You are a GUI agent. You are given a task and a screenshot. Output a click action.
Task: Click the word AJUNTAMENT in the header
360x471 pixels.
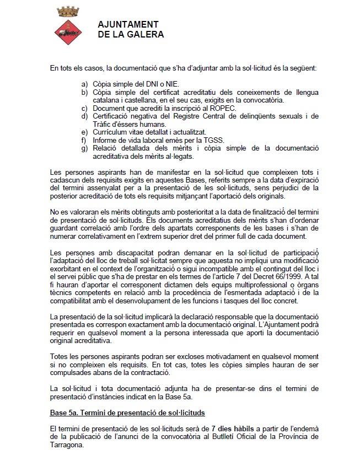click(x=128, y=25)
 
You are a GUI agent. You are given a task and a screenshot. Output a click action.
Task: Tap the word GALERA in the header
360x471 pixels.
click(x=145, y=34)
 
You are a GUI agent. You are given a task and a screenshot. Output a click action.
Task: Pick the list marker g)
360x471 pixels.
click(x=84, y=148)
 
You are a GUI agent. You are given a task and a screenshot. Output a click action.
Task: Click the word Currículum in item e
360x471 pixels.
click(x=110, y=132)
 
